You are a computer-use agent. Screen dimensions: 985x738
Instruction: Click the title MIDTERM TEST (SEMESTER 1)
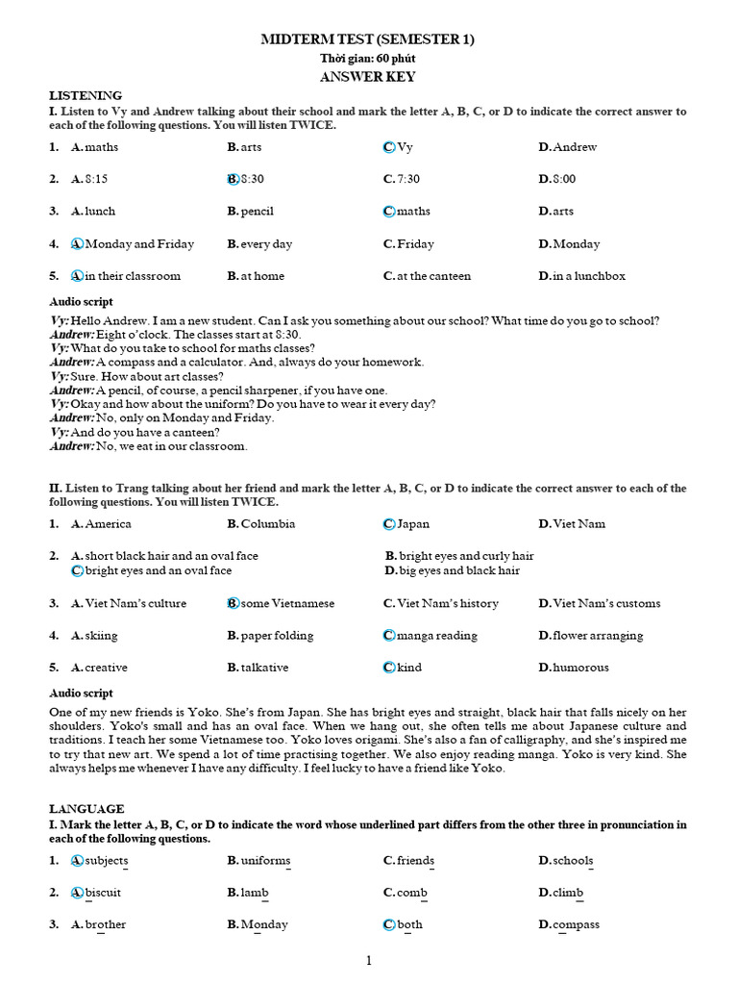[368, 39]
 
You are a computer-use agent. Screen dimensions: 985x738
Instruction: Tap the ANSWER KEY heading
[368, 77]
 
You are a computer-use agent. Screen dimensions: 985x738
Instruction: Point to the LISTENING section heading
[86, 95]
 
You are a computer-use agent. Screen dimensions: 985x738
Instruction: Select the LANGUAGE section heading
[86, 809]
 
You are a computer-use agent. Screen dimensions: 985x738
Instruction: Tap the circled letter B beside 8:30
[233, 179]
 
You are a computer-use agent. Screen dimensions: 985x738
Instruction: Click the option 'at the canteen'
[433, 276]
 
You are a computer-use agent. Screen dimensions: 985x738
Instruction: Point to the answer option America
[108, 524]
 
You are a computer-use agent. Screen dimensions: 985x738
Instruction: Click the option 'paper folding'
[277, 636]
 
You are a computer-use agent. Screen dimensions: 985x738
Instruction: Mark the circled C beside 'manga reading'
[388, 636]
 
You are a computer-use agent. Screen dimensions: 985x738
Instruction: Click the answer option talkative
[264, 668]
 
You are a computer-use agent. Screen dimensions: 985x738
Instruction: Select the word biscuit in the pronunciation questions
[103, 893]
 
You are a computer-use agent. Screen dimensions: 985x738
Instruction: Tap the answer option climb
[567, 893]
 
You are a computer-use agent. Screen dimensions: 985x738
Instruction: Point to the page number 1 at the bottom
[368, 960]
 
